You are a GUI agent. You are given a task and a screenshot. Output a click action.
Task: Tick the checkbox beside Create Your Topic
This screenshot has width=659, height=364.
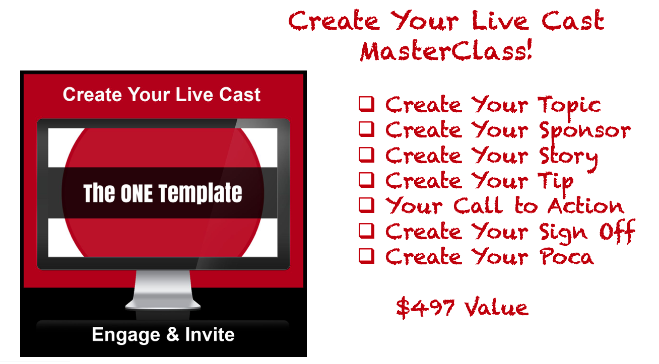click(x=367, y=104)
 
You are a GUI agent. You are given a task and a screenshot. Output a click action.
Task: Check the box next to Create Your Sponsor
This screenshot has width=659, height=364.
click(x=367, y=129)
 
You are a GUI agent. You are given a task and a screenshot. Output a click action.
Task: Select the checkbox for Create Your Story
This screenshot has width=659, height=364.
click(x=367, y=155)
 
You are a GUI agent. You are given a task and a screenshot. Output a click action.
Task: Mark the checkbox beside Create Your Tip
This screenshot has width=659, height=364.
click(x=367, y=180)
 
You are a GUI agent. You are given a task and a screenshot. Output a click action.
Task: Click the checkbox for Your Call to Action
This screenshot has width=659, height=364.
click(x=367, y=205)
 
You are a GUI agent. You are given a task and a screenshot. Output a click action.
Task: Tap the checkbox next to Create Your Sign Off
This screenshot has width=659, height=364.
click(x=367, y=231)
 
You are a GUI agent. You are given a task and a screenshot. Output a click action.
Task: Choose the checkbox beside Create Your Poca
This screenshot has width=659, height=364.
click(x=367, y=256)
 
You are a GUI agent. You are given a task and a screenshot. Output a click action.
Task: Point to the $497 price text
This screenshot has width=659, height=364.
click(x=425, y=308)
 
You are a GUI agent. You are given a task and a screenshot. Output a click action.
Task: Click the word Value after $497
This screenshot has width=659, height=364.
click(x=497, y=308)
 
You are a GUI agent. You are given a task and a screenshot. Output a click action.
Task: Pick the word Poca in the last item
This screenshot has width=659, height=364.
click(x=567, y=257)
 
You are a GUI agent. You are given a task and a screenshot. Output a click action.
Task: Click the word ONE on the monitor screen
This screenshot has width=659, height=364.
click(x=137, y=193)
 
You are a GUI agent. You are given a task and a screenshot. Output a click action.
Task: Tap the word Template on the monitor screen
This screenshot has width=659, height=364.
click(x=201, y=193)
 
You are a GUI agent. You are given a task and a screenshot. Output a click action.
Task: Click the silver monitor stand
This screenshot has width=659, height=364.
click(x=163, y=289)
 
